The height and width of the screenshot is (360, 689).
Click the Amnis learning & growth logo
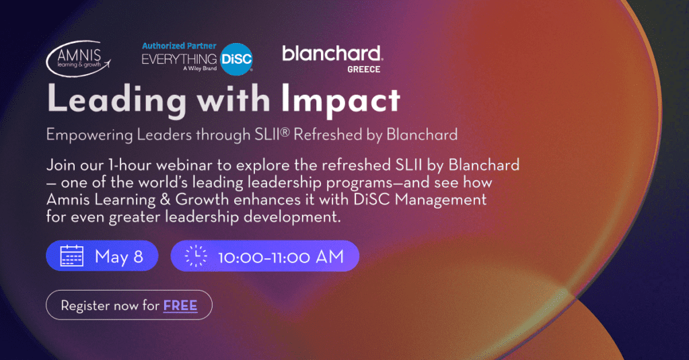point(78,59)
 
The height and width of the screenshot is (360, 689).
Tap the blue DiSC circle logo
point(236,59)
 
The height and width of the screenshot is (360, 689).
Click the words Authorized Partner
point(179,46)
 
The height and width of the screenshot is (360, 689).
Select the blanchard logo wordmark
point(332,54)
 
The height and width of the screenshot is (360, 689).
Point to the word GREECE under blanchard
point(363,69)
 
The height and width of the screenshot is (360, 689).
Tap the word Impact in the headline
point(340,101)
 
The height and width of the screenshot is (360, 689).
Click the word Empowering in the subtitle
point(89,135)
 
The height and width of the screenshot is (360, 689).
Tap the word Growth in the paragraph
point(202,200)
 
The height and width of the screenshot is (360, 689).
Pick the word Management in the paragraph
point(440,201)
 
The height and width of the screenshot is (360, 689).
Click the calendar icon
point(71,256)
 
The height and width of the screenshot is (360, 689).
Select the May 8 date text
point(118,256)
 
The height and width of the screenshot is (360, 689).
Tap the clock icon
point(196,256)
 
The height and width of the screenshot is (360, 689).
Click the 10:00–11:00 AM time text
point(281,257)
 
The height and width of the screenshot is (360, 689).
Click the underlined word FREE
point(180,305)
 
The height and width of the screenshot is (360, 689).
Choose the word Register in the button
point(85,306)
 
